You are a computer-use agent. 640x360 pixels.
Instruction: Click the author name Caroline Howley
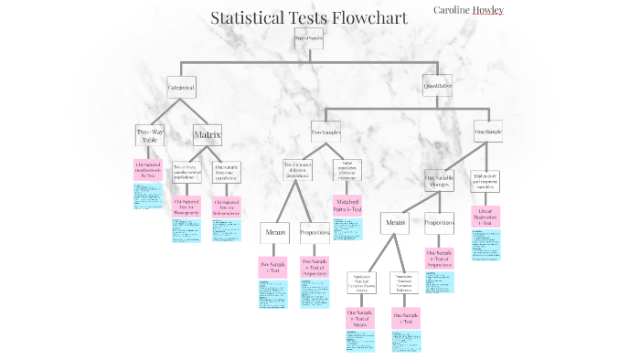[468, 10]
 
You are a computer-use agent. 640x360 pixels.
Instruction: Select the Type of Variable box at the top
[309, 38]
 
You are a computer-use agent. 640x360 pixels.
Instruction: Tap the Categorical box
[181, 88]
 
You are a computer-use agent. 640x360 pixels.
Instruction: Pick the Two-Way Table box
[149, 135]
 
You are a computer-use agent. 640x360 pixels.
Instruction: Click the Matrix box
[208, 135]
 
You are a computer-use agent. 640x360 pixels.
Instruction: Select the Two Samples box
[325, 132]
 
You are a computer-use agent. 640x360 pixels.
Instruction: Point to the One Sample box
[487, 132]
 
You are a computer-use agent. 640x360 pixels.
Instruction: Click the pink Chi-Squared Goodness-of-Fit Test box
[147, 170]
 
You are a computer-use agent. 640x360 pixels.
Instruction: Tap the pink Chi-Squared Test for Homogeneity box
[187, 206]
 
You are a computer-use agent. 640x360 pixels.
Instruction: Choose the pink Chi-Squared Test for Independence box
[227, 206]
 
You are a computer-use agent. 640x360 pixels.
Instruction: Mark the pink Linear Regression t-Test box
[485, 216]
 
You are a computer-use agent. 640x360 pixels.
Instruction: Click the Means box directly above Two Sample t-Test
[275, 232]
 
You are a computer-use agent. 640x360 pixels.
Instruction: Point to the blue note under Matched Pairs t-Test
[347, 228]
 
